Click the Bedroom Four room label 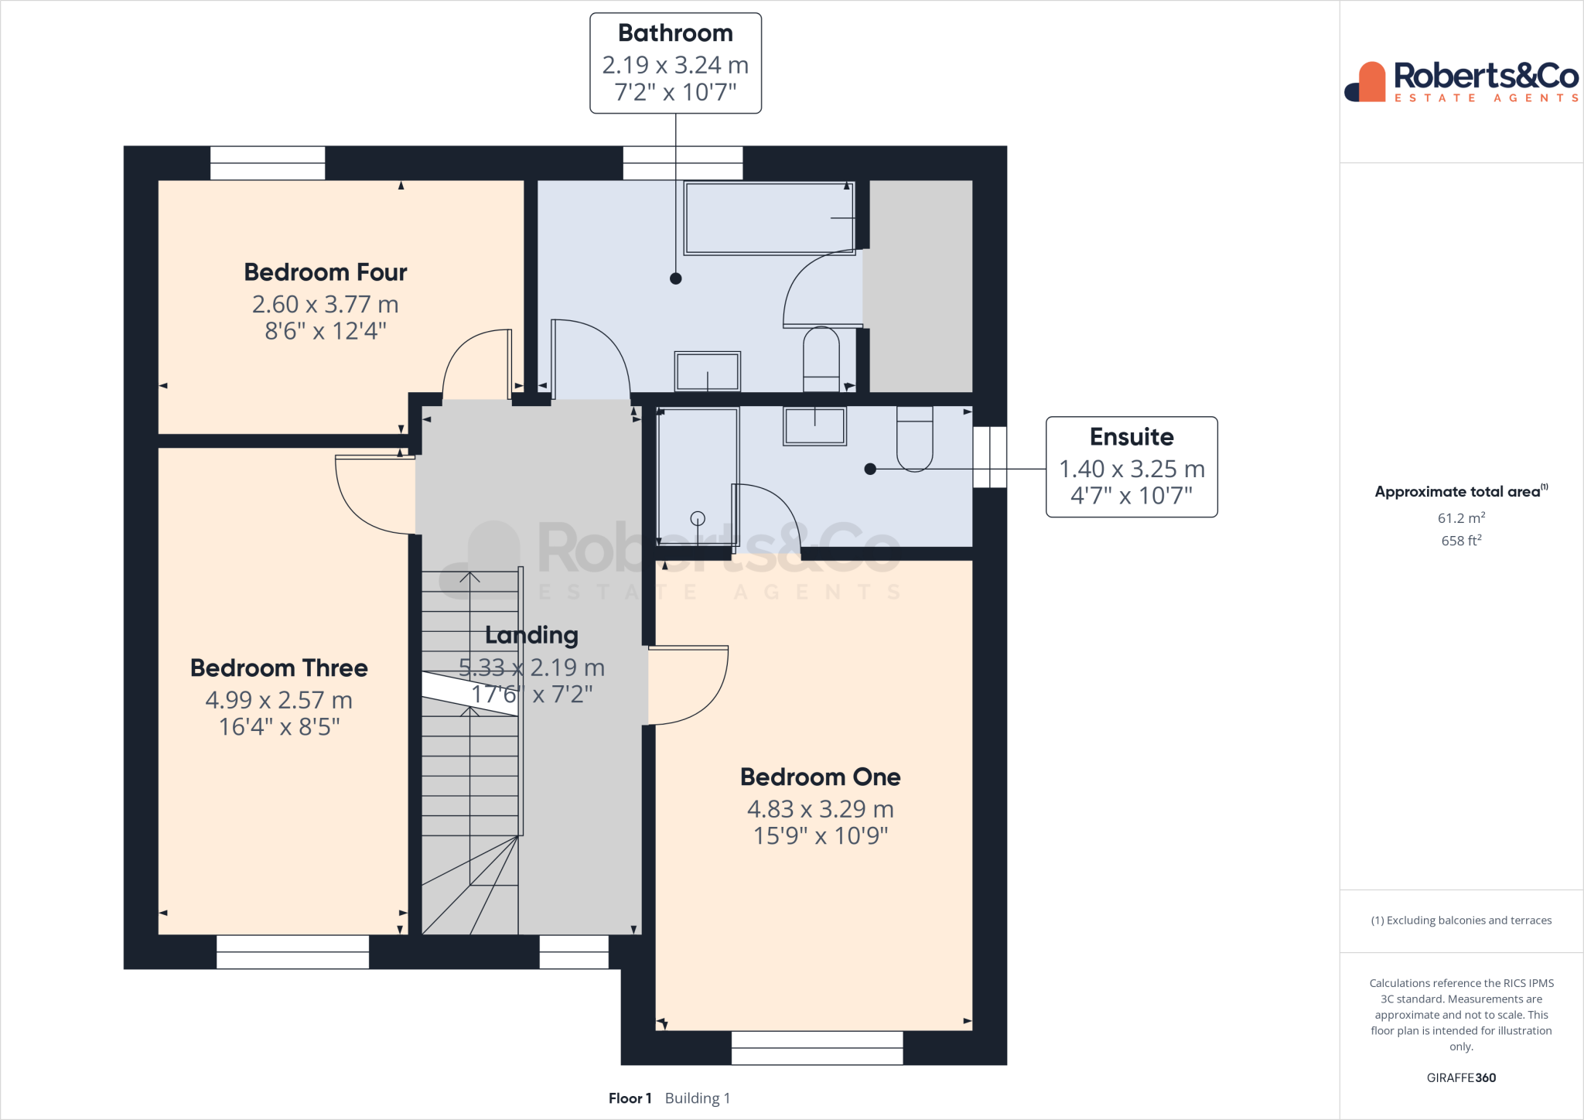coord(326,272)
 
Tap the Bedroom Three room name coord(279,668)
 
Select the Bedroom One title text coord(821,777)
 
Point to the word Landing coord(532,636)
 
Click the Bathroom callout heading coord(675,33)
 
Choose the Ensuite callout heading coord(1132,437)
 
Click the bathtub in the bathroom coord(770,218)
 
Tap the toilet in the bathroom coord(821,359)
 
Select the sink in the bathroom coord(708,371)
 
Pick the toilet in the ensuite coord(915,438)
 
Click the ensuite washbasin coord(815,425)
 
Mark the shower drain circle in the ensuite coord(698,518)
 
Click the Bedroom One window coord(818,1048)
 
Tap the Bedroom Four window coord(268,163)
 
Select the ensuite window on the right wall coord(990,457)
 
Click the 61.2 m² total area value coord(1461,518)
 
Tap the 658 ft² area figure coord(1461,541)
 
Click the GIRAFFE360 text coord(1461,1077)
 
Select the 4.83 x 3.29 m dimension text coord(821,809)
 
